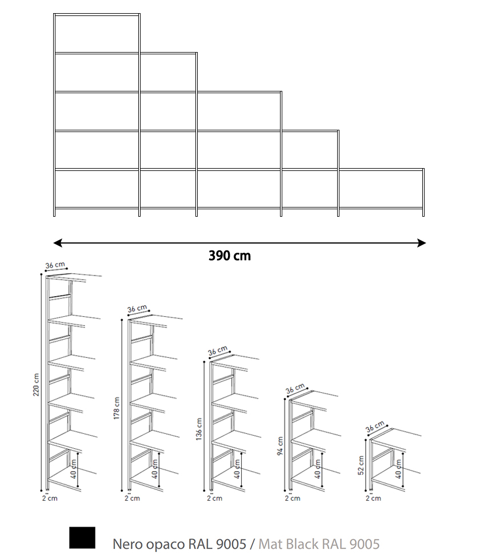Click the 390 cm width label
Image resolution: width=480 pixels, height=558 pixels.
click(x=229, y=256)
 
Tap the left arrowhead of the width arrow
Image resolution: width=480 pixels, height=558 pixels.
click(x=58, y=243)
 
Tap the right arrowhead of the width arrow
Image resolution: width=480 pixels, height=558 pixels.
click(x=421, y=243)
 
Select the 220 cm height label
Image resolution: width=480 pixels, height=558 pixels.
click(x=36, y=385)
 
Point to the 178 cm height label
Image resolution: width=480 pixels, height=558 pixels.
click(x=116, y=408)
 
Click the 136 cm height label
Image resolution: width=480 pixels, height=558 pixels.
click(x=199, y=429)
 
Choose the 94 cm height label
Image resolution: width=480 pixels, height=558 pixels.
click(x=280, y=446)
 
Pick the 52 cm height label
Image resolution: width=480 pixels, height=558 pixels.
click(x=361, y=465)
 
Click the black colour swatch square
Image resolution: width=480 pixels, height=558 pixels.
click(x=82, y=537)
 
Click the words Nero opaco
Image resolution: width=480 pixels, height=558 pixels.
click(x=149, y=544)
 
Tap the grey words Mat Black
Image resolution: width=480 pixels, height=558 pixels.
click(x=289, y=544)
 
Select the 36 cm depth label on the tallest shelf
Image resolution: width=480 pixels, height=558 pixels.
click(x=55, y=265)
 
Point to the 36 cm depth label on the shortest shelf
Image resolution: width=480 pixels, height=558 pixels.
click(x=375, y=427)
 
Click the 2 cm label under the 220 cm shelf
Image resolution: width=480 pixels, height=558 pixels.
click(x=50, y=498)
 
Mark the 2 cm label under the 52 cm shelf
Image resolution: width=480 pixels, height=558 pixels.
click(x=373, y=498)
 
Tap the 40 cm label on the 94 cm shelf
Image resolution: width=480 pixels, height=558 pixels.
click(x=318, y=469)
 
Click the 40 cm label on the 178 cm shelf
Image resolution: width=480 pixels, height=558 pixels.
click(x=154, y=469)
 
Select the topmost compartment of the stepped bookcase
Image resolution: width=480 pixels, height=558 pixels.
click(x=97, y=34)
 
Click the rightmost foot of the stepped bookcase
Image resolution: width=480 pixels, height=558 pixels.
click(x=423, y=213)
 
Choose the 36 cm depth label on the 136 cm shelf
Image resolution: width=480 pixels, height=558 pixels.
click(x=217, y=350)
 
